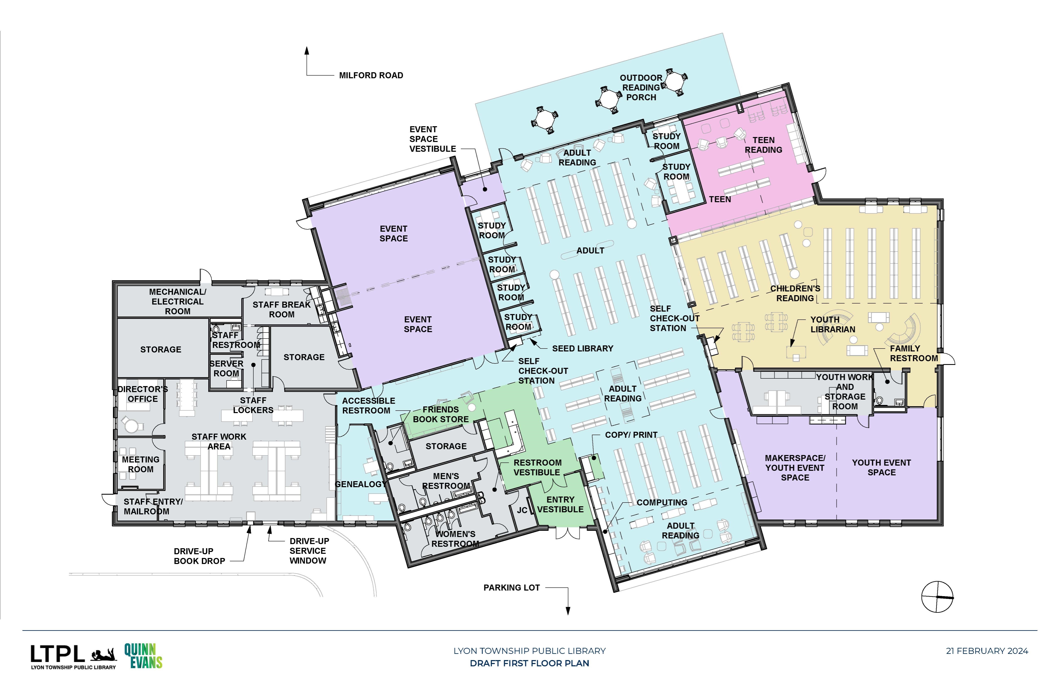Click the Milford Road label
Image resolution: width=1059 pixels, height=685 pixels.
[x=371, y=76]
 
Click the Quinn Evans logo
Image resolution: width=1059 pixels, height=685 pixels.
[x=143, y=656]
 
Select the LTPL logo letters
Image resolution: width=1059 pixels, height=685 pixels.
[x=57, y=654]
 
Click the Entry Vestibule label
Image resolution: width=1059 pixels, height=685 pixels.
[x=560, y=504]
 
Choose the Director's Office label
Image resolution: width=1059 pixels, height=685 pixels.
[x=142, y=394]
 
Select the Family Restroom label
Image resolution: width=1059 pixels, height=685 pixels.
[x=913, y=353]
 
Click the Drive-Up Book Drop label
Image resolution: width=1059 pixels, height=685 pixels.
[x=199, y=556]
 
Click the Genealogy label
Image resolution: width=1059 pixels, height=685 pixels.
[x=360, y=484]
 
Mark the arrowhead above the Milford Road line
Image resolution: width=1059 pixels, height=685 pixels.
[x=306, y=51]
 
